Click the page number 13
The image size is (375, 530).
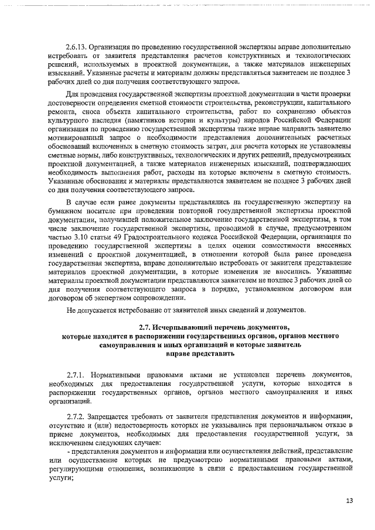[349, 501]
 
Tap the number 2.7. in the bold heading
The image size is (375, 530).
[145, 326]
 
